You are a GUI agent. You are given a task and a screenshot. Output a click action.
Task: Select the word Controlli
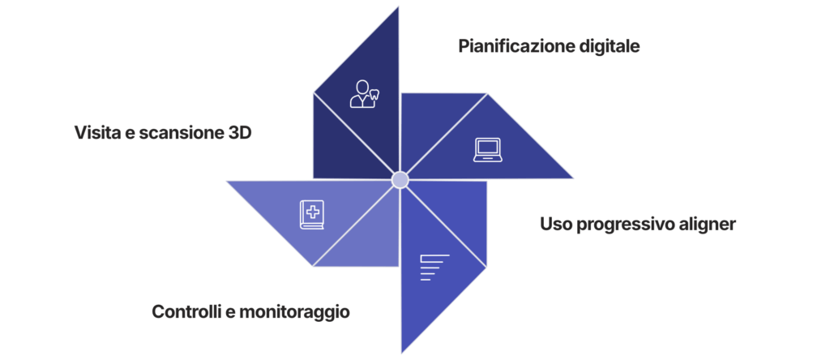pyautogui.click(x=190, y=311)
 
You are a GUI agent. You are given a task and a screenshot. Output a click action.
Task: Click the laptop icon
pyautogui.click(x=488, y=150)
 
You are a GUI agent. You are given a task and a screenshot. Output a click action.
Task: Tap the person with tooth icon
pyautogui.click(x=364, y=94)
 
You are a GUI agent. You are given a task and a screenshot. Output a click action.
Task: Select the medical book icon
pyautogui.click(x=312, y=214)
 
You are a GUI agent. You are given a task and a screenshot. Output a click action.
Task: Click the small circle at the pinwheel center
pyautogui.click(x=400, y=180)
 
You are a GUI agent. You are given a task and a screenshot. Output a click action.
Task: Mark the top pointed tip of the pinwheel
pyautogui.click(x=399, y=8)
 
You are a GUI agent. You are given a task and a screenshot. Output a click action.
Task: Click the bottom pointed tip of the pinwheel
pyautogui.click(x=401, y=351)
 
